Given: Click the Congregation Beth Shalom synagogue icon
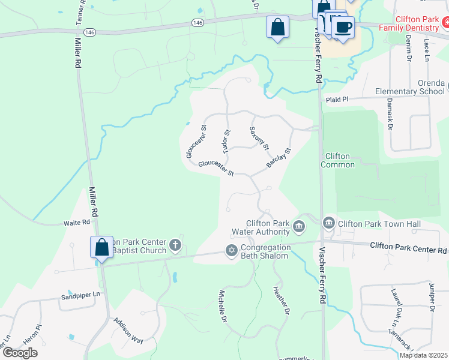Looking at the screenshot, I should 232,251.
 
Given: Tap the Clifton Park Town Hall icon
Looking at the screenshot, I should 328,224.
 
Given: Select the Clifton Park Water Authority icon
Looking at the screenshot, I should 299,227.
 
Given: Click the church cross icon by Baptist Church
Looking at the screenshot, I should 175,244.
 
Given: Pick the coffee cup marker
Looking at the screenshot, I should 343,28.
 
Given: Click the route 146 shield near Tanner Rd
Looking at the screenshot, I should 90,32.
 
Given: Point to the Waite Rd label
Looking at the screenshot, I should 77,222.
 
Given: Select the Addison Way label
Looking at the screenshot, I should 128,330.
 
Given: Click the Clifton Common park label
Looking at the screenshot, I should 338,160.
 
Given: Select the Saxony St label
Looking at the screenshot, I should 259,138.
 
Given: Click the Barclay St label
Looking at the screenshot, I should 279,158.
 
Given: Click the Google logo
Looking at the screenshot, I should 20,353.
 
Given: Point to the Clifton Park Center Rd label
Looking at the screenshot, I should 408,245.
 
